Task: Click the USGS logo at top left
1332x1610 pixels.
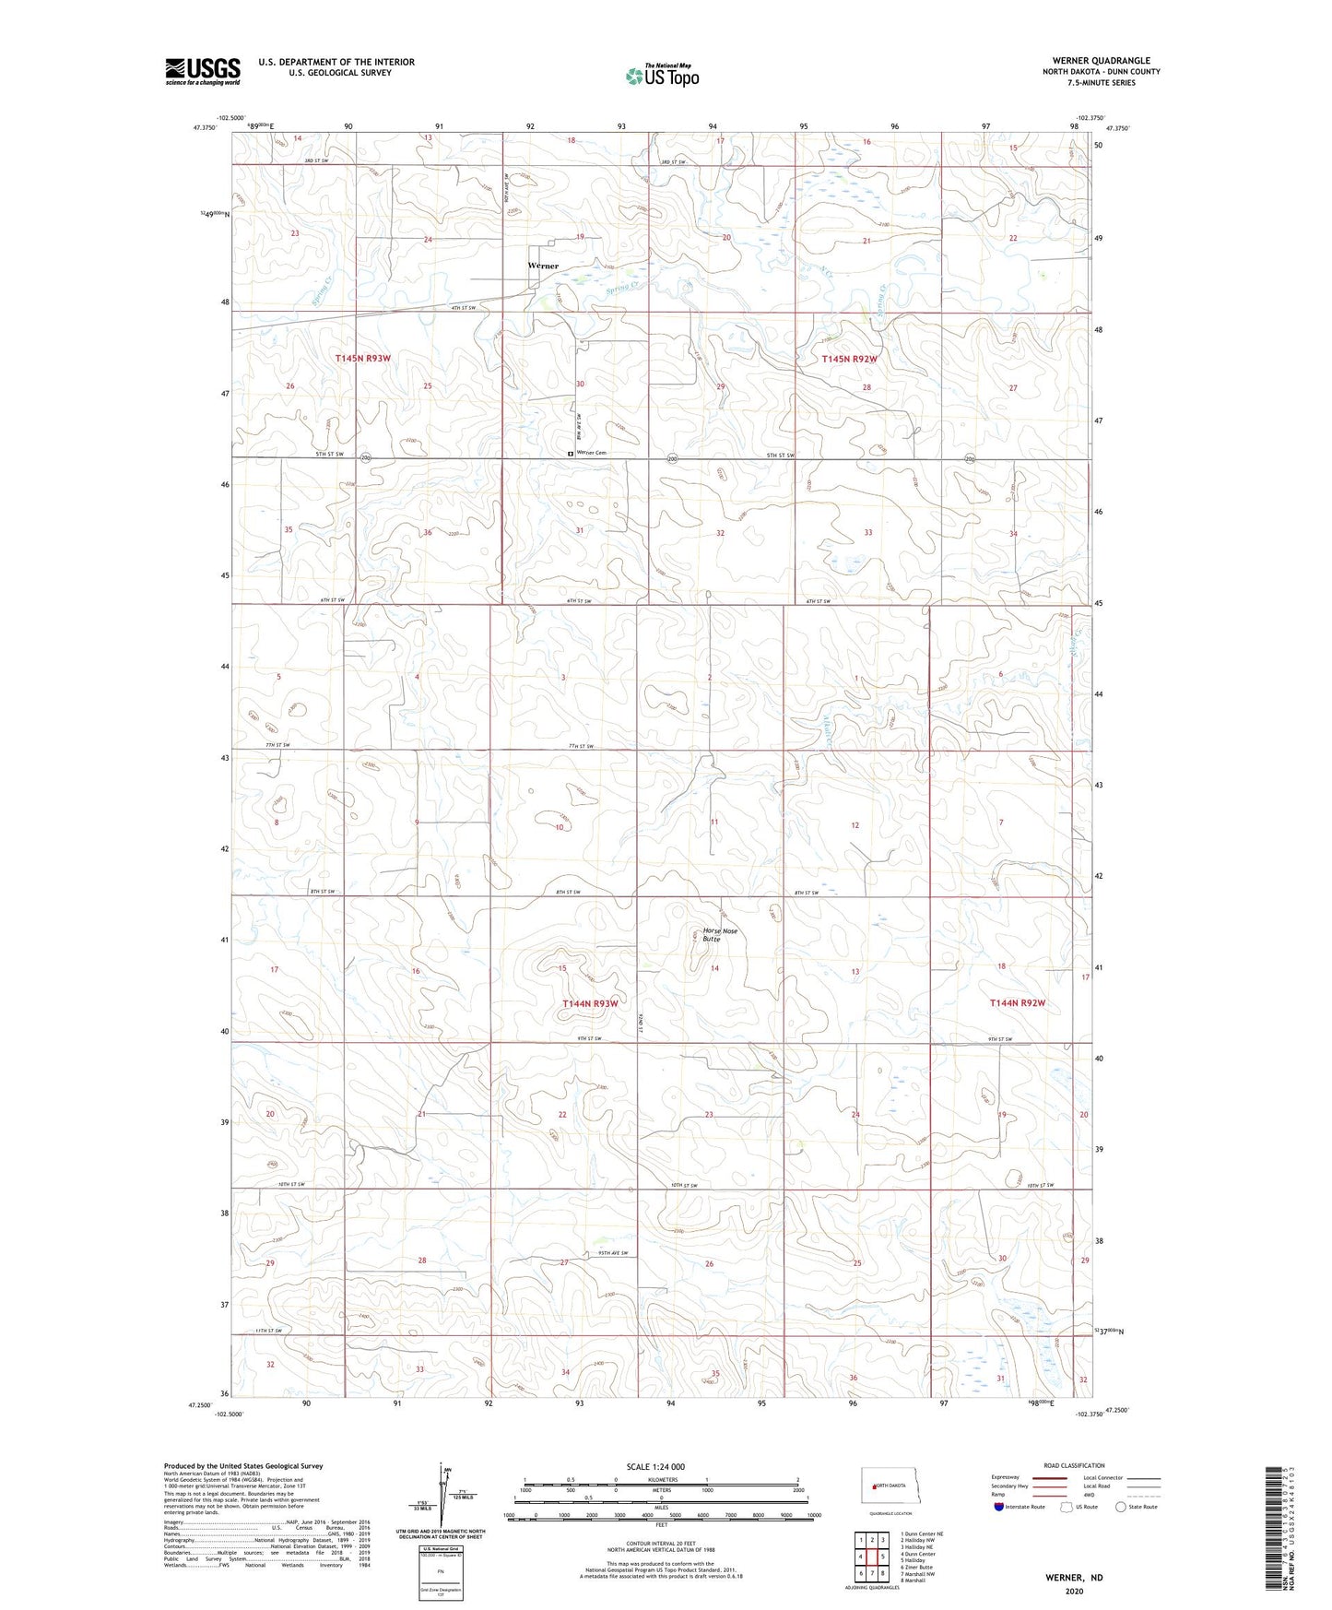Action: pos(202,71)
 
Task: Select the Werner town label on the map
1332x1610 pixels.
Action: pos(543,266)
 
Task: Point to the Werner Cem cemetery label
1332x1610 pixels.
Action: pos(591,453)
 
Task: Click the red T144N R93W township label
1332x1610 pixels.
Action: pos(590,1002)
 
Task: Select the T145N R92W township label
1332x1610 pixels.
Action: pos(849,359)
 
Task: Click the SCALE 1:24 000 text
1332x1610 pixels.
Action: pos(655,1466)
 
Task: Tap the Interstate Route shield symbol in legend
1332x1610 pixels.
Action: pos(999,1507)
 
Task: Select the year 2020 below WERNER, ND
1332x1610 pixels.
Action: pos(1073,1591)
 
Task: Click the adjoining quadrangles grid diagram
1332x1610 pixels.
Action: pos(871,1557)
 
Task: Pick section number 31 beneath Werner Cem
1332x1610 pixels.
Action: pos(580,530)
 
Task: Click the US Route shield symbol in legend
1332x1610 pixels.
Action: pos(1068,1507)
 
